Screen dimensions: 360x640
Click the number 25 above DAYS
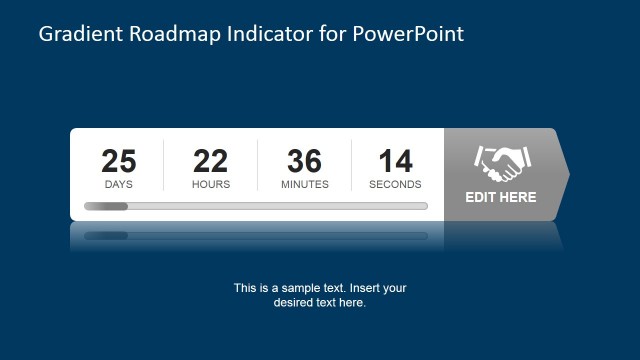pos(119,161)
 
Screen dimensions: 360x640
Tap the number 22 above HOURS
pos(211,161)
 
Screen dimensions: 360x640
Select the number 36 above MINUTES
pos(304,161)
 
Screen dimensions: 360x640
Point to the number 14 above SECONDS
pos(395,161)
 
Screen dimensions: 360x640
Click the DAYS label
pos(119,184)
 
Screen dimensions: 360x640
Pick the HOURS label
pos(211,184)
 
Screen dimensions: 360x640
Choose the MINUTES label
pos(304,184)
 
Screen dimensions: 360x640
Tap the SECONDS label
pos(395,184)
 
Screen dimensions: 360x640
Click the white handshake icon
pos(502,162)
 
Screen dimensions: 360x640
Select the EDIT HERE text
pos(501,197)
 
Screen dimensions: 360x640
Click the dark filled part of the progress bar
pos(106,206)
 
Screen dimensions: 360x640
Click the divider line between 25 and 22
pos(164,165)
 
